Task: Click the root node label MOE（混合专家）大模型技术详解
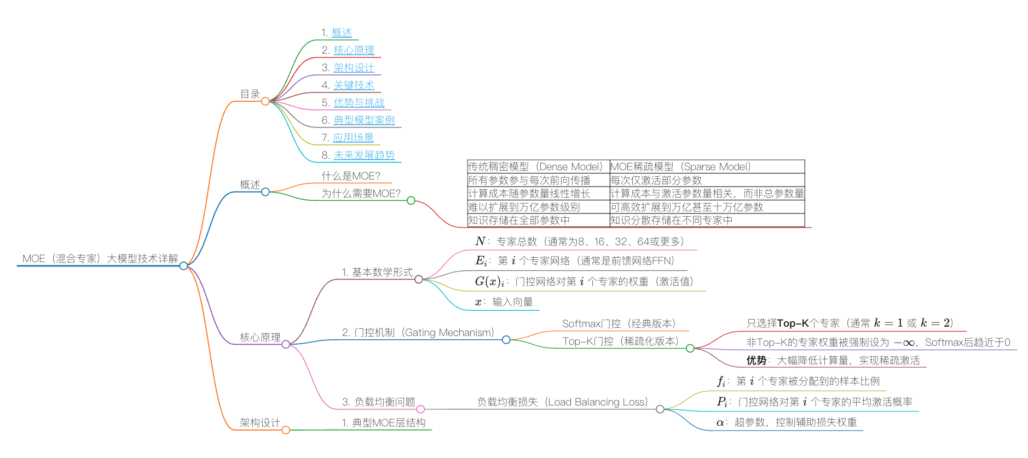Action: [x=100, y=259]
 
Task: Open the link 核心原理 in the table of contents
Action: [x=354, y=50]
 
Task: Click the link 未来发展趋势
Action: [x=364, y=155]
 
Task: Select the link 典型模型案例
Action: [x=364, y=120]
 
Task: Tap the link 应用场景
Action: [x=353, y=138]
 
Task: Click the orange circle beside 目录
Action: [x=265, y=101]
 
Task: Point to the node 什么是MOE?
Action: [x=350, y=176]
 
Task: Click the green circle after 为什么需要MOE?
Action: [x=411, y=200]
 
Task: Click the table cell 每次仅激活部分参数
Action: [x=656, y=181]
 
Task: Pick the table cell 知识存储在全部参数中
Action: [x=519, y=221]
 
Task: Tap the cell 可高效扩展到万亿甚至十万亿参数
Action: [x=686, y=207]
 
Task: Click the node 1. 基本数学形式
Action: [x=377, y=273]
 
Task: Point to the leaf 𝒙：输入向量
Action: [x=504, y=302]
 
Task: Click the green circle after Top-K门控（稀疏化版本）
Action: [x=690, y=348]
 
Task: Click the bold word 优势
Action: [x=756, y=361]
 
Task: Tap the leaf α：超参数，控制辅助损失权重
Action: [x=787, y=422]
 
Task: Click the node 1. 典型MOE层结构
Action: [x=383, y=423]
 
